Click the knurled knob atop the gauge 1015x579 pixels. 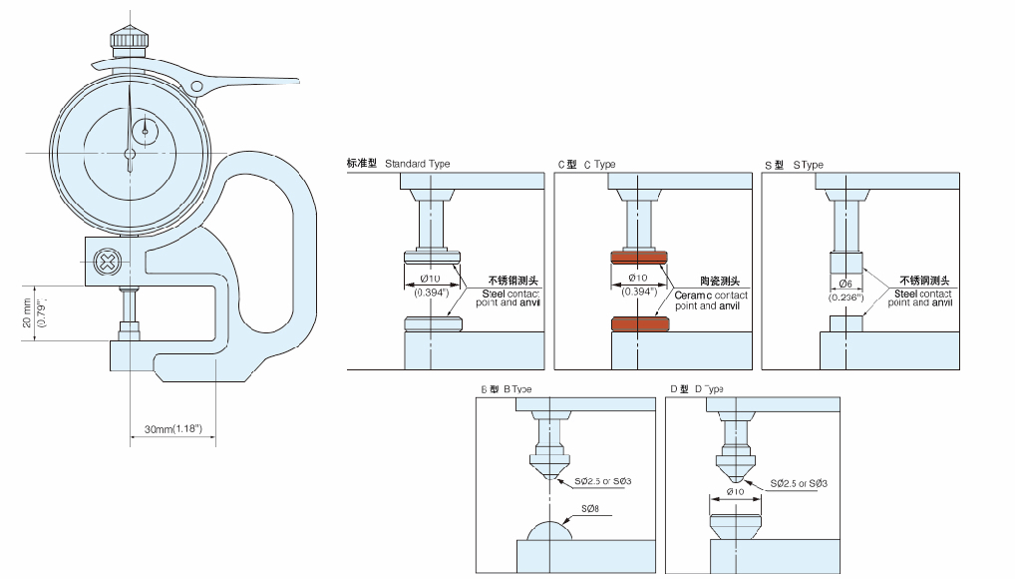point(130,39)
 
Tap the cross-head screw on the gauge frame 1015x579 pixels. point(105,264)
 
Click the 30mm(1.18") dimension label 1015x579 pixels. point(172,429)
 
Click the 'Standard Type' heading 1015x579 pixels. point(417,164)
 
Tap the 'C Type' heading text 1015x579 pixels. point(599,164)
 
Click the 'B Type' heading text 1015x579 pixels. point(517,388)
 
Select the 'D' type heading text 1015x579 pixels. point(709,388)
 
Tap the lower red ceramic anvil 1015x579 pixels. point(638,324)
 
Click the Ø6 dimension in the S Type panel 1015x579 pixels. point(846,285)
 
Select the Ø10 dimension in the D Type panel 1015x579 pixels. point(737,491)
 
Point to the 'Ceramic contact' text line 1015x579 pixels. point(711,295)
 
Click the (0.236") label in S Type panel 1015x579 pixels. point(846,296)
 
